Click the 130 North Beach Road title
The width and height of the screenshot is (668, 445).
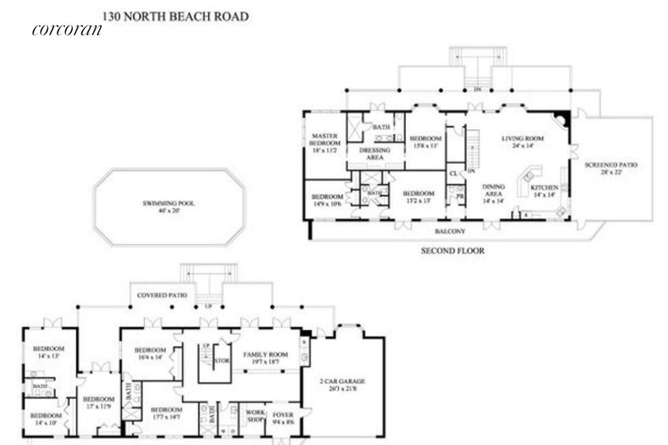pos(175,14)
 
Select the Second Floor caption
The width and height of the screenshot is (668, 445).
pos(453,251)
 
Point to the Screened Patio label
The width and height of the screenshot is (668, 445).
pos(611,169)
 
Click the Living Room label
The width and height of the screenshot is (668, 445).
pos(522,142)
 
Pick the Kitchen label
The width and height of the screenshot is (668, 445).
pos(545,191)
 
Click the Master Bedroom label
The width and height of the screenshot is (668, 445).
pos(325,143)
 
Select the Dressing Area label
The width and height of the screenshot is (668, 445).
pos(375,154)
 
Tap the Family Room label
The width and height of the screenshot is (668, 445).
pos(265,358)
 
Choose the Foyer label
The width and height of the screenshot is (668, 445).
pos(282,417)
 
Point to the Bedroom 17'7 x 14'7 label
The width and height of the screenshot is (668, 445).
pos(165,413)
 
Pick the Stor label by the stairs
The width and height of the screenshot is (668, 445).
pos(222,361)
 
